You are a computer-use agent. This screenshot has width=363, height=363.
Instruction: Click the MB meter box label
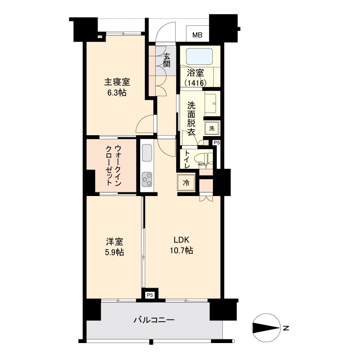197,34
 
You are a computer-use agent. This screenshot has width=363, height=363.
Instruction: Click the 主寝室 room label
117,82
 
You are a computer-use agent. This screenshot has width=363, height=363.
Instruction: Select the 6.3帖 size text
117,93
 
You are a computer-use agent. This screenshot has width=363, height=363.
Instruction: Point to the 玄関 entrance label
167,59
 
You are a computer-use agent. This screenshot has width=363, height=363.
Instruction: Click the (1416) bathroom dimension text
196,83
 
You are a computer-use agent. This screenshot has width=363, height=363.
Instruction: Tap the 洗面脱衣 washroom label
191,116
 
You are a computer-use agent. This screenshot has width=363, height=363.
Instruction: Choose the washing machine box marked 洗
212,128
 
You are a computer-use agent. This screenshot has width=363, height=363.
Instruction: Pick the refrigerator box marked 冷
186,183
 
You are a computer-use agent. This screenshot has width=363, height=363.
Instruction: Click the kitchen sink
147,152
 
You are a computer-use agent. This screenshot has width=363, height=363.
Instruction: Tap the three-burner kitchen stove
147,180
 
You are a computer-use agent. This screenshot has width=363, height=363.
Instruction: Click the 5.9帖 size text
114,252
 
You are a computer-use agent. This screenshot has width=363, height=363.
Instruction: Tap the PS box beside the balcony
150,294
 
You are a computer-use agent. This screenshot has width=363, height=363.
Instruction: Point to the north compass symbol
265,328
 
